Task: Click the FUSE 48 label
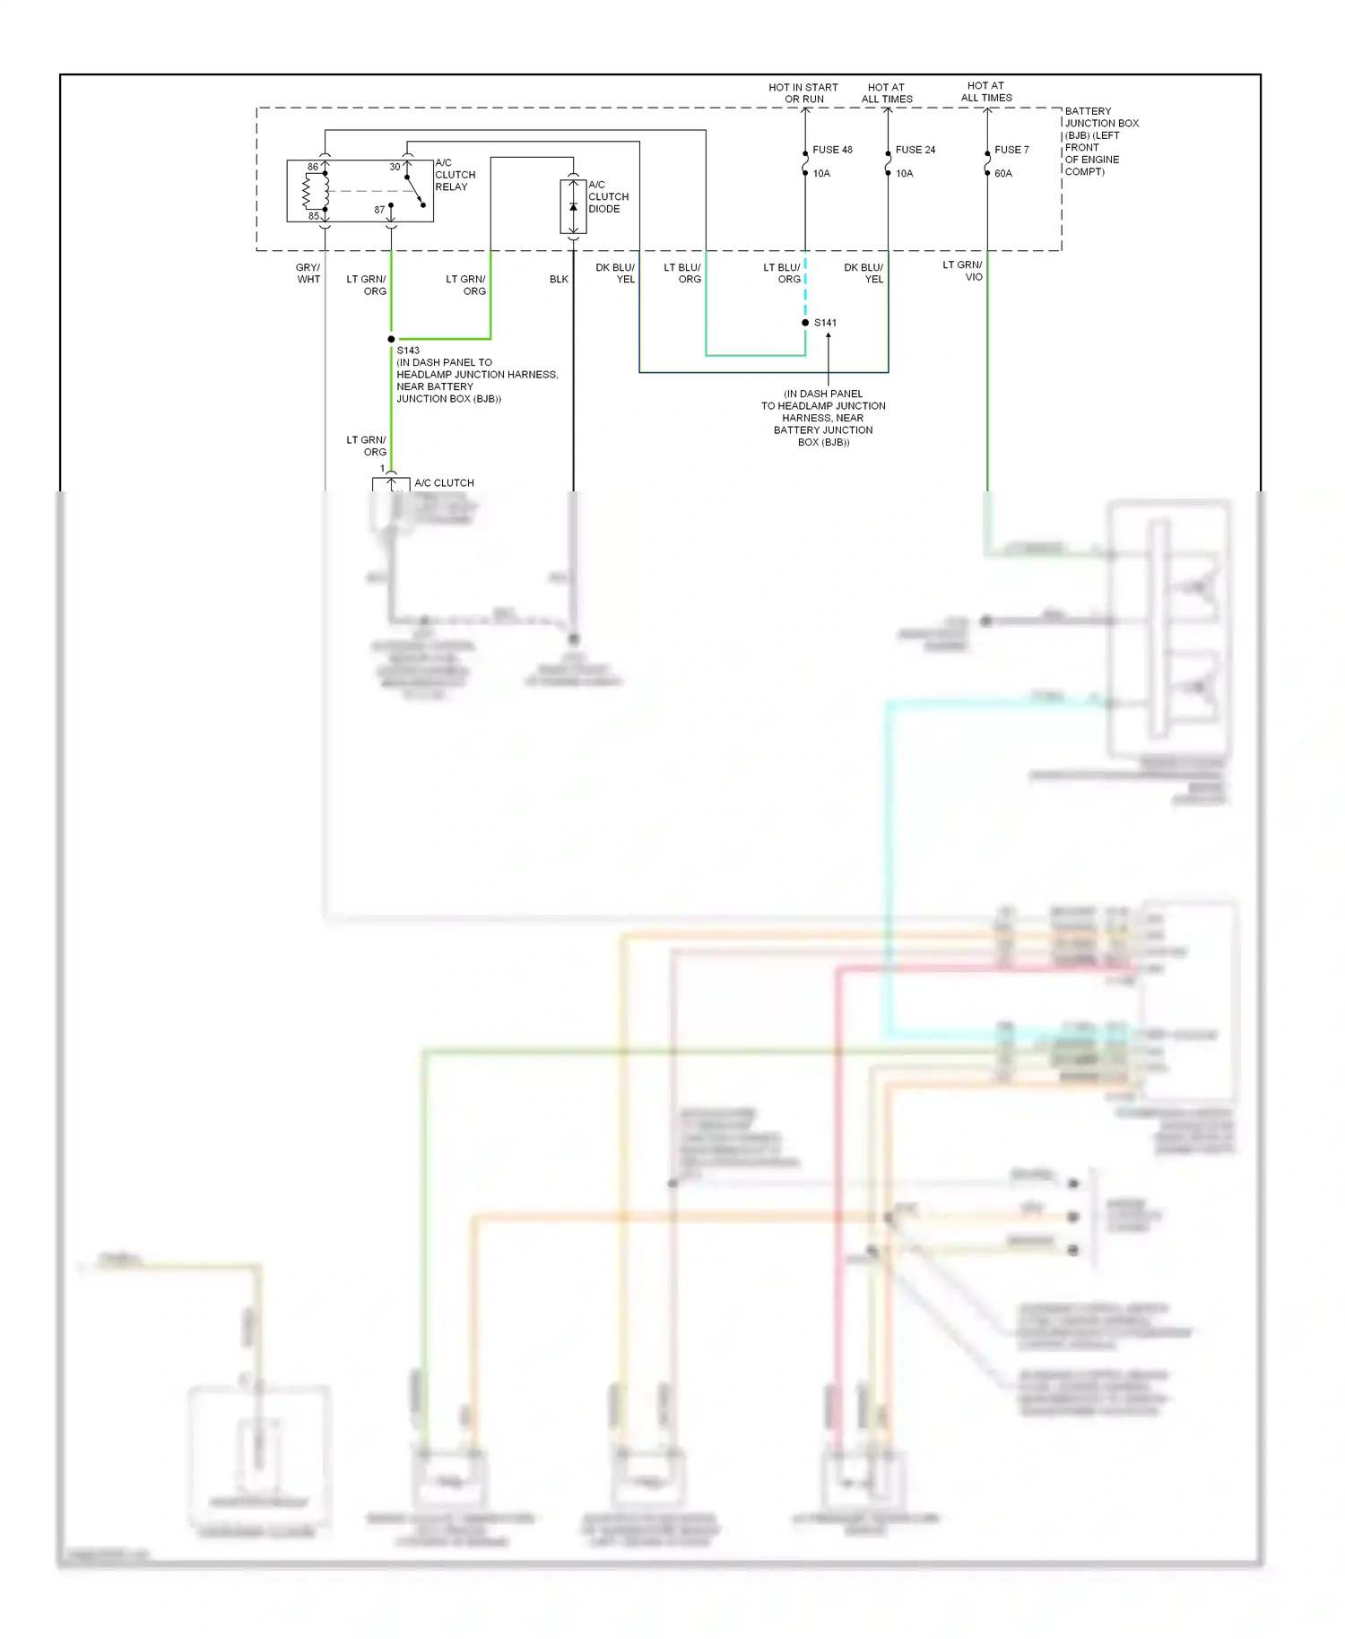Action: (x=832, y=150)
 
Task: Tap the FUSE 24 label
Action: (x=915, y=150)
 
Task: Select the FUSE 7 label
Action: (x=1011, y=150)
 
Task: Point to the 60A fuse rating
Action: (x=1002, y=174)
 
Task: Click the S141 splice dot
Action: (x=805, y=323)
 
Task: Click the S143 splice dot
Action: (x=391, y=339)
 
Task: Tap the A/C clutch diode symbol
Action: (x=573, y=207)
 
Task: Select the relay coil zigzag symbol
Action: (x=308, y=191)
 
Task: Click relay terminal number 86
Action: (x=313, y=167)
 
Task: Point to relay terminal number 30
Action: (x=395, y=167)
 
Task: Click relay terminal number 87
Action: (x=379, y=210)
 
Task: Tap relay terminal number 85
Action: (x=314, y=216)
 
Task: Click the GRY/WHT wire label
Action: (x=308, y=273)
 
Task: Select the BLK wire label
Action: (x=559, y=279)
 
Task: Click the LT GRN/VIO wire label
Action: (x=962, y=271)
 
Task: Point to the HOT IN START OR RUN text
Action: (x=803, y=93)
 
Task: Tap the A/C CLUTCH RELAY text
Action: (x=455, y=175)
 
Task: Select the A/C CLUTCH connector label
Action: (x=444, y=482)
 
